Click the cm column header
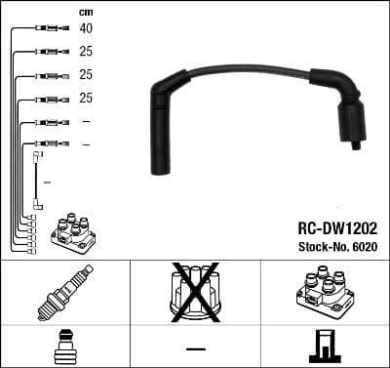pyautogui.click(x=85, y=11)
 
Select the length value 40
pyautogui.click(x=87, y=28)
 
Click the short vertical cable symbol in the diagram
pyautogui.click(x=37, y=180)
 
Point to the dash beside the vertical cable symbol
pyautogui.click(x=47, y=181)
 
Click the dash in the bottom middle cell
pyautogui.click(x=194, y=348)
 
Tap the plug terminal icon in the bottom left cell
pyautogui.click(x=64, y=348)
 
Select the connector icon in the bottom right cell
pyautogui.click(x=324, y=348)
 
